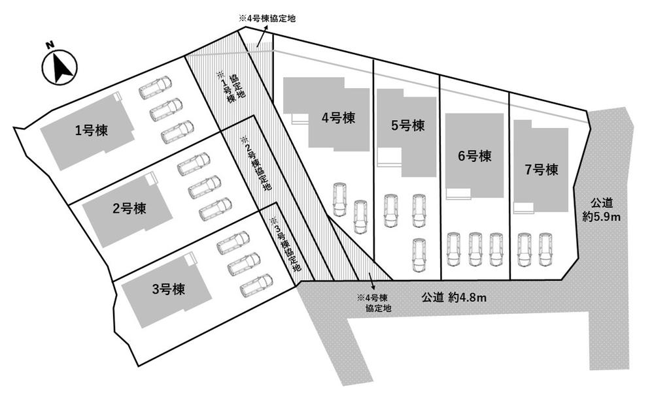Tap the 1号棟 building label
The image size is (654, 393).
pos(92,131)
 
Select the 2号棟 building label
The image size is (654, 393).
pos(129,208)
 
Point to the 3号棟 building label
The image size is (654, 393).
pos(168,289)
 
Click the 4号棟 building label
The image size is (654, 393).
pos(338,118)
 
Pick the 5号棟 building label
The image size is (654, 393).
pos(407,125)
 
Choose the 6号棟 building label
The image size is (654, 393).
pos(474,156)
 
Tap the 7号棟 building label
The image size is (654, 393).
pos(541,170)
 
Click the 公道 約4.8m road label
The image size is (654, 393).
pos(453,297)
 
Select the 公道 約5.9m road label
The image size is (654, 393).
pos(602,210)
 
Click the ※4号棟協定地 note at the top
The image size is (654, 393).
pos(267,19)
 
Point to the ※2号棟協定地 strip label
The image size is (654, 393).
pos(256,163)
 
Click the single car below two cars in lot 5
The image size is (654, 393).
pos(419,255)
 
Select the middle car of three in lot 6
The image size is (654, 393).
pos(475,249)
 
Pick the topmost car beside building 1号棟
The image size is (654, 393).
pos(155,87)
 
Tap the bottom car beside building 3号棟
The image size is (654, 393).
pos(256,285)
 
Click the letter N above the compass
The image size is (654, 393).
pos(50,44)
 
